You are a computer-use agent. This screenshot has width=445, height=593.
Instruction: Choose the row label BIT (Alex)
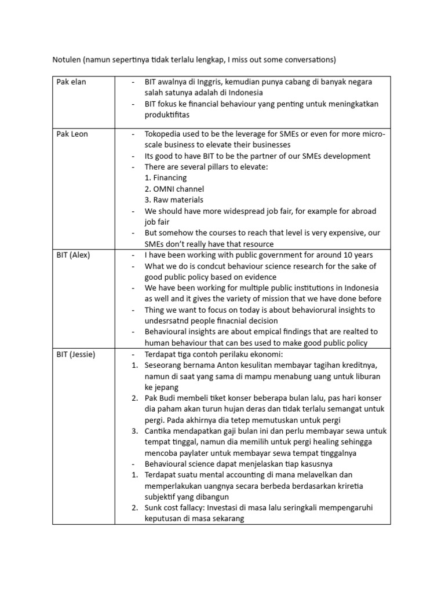(74, 255)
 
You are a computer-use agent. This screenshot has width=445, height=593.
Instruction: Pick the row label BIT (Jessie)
(76, 354)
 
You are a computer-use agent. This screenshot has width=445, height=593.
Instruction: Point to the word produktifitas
(169, 115)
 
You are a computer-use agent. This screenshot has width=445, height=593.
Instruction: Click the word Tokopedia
(166, 134)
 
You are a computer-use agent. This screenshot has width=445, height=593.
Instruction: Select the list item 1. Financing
(166, 178)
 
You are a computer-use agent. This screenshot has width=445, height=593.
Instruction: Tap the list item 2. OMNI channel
(174, 189)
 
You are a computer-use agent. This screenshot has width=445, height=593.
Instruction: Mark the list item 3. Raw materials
(174, 200)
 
